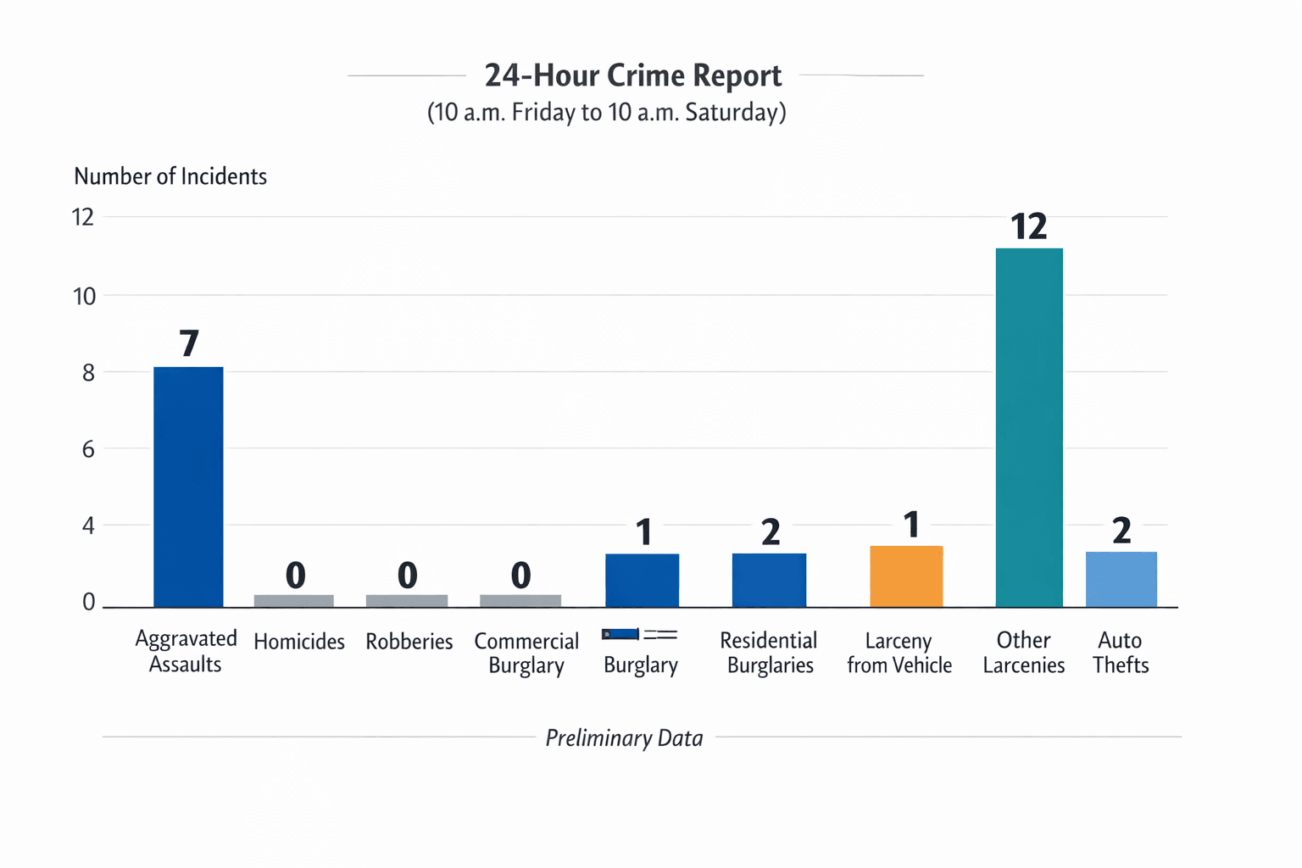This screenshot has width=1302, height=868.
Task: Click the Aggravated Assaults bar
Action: click(188, 487)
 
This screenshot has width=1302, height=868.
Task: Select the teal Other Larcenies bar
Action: click(1029, 427)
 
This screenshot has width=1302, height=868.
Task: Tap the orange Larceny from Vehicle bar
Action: click(906, 576)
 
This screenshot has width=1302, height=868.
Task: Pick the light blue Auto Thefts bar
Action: click(1121, 579)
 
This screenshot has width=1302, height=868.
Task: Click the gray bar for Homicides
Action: click(294, 601)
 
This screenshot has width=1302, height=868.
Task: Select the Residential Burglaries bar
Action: click(769, 580)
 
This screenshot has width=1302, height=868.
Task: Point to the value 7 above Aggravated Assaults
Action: click(189, 343)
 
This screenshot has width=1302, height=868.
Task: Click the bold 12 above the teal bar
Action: click(1029, 226)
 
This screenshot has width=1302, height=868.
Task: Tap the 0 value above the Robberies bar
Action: click(408, 576)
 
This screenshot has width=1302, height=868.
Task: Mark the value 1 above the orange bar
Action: click(911, 526)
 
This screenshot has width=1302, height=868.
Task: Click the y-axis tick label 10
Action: click(85, 297)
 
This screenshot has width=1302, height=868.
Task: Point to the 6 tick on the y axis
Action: click(88, 449)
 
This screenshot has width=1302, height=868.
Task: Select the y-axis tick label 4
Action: click(88, 526)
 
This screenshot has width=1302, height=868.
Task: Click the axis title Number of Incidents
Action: click(170, 176)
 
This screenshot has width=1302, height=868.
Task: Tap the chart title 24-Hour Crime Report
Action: click(632, 75)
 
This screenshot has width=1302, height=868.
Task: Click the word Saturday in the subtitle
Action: click(734, 112)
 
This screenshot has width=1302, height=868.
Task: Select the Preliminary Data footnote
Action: click(624, 738)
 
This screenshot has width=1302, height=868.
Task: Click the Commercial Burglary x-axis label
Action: click(526, 653)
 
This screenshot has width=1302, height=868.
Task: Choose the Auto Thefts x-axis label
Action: click(1120, 652)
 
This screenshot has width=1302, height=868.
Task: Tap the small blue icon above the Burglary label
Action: click(620, 634)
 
